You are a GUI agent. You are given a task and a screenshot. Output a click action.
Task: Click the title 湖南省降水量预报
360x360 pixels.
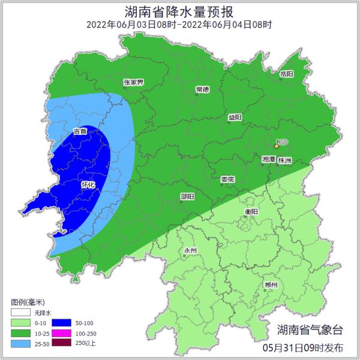pos(179,11)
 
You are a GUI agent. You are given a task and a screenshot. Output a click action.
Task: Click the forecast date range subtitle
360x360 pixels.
pos(179,25)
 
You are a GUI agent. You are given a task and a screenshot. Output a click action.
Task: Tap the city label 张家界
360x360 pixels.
pos(133,82)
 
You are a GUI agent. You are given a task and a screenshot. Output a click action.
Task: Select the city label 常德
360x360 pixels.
pos(202,89)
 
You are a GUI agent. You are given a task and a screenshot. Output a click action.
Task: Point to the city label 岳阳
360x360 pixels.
pos(287,74)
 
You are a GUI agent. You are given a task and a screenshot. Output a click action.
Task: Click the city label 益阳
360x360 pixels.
pos(235,118)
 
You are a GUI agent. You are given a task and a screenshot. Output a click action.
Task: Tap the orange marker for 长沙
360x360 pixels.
pos(277,146)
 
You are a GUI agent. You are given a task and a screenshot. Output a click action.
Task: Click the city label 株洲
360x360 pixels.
pos(284,160)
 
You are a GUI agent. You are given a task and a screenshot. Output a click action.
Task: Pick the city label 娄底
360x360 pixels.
pos(227,179)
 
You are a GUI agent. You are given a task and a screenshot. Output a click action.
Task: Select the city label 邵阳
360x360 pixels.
pos(187,197)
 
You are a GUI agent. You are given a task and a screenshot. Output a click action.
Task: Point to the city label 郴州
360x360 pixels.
pos(271,285)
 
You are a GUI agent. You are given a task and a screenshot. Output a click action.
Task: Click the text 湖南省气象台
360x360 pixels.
pos(310,329)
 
